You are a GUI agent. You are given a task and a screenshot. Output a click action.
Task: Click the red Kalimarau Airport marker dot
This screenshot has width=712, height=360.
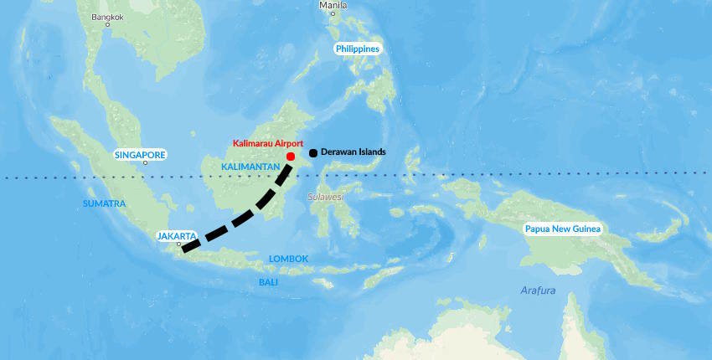coord(290,157)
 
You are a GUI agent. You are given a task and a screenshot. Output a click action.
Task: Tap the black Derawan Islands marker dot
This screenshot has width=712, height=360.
coord(312,152)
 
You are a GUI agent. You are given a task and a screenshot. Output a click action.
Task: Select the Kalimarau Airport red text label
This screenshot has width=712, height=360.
coord(268,144)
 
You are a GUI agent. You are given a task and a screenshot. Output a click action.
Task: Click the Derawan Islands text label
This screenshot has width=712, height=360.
coord(353,152)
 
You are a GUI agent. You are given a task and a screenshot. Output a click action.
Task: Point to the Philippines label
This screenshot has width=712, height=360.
coord(358,49)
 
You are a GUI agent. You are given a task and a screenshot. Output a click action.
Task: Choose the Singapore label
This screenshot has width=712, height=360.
coord(140,155)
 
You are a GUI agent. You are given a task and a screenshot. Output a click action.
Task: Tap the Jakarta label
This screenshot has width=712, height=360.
coord(177,236)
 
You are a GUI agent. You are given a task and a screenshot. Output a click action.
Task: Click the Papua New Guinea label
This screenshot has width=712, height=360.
coord(563,229)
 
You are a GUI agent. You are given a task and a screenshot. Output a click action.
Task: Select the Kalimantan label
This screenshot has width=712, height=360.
coord(250,167)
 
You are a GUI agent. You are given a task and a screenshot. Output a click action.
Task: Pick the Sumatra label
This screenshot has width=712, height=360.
coord(104,203)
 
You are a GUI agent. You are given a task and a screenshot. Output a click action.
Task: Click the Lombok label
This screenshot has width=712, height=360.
coord(289,259)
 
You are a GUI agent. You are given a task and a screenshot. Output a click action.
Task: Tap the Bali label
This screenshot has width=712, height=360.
coord(268,282)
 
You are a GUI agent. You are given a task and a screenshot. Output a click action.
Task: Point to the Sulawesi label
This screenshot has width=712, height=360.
coord(325,197)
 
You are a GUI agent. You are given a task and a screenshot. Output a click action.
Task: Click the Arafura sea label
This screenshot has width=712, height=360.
coord(538,290)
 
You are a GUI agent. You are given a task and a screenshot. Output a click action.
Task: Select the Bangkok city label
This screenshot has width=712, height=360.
coord(106,17)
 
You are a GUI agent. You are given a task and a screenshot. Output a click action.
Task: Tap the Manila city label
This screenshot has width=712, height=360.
coord(332,5)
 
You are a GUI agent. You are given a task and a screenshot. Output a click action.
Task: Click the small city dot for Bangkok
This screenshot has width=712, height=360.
coord(107,25)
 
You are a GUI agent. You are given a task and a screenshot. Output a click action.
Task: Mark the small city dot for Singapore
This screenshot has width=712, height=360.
coord(145,163)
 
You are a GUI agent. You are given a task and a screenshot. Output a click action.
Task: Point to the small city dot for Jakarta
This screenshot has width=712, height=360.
coord(178,244)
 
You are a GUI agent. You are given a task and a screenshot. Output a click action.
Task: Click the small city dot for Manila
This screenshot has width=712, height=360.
coord(333,13)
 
